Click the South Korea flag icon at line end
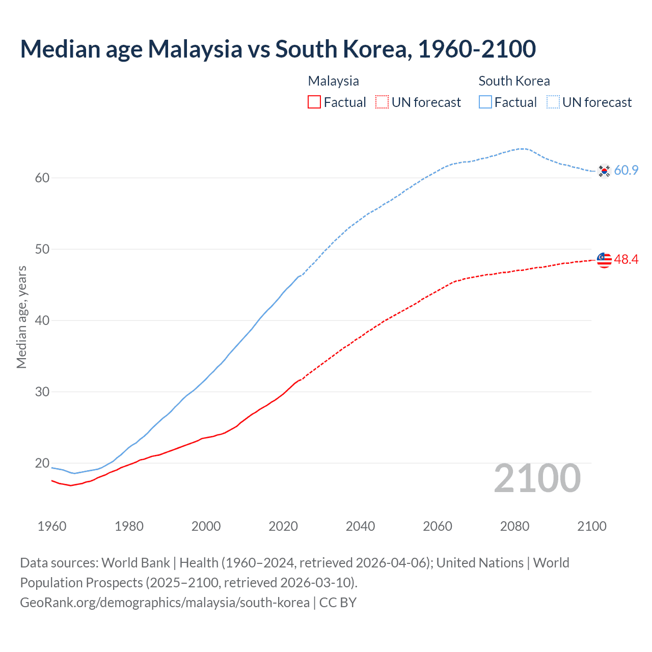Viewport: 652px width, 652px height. pos(604,171)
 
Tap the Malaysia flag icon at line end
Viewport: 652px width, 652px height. pos(604,260)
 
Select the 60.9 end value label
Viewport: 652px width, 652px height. pos(626,171)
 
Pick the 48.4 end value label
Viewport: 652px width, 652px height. pos(626,259)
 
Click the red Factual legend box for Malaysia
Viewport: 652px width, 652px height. pos(314,102)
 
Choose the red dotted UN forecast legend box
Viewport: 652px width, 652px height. pos(382,102)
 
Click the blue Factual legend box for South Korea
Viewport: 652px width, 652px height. pos(485,102)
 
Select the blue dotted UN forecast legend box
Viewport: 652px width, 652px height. pos(553,102)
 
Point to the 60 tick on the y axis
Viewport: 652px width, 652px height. pos(42,178)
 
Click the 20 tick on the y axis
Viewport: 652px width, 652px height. pos(42,463)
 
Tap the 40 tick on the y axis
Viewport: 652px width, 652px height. pos(42,320)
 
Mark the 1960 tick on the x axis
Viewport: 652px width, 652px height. pos(52,526)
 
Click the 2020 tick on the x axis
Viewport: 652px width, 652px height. pos(283,526)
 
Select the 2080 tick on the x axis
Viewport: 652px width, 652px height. pos(514,526)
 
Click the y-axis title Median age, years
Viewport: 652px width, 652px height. pos(21,317)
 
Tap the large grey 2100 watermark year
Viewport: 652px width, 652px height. pos(537,478)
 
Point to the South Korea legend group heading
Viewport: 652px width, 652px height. pos(514,81)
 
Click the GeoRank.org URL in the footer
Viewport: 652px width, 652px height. pos(165,603)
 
